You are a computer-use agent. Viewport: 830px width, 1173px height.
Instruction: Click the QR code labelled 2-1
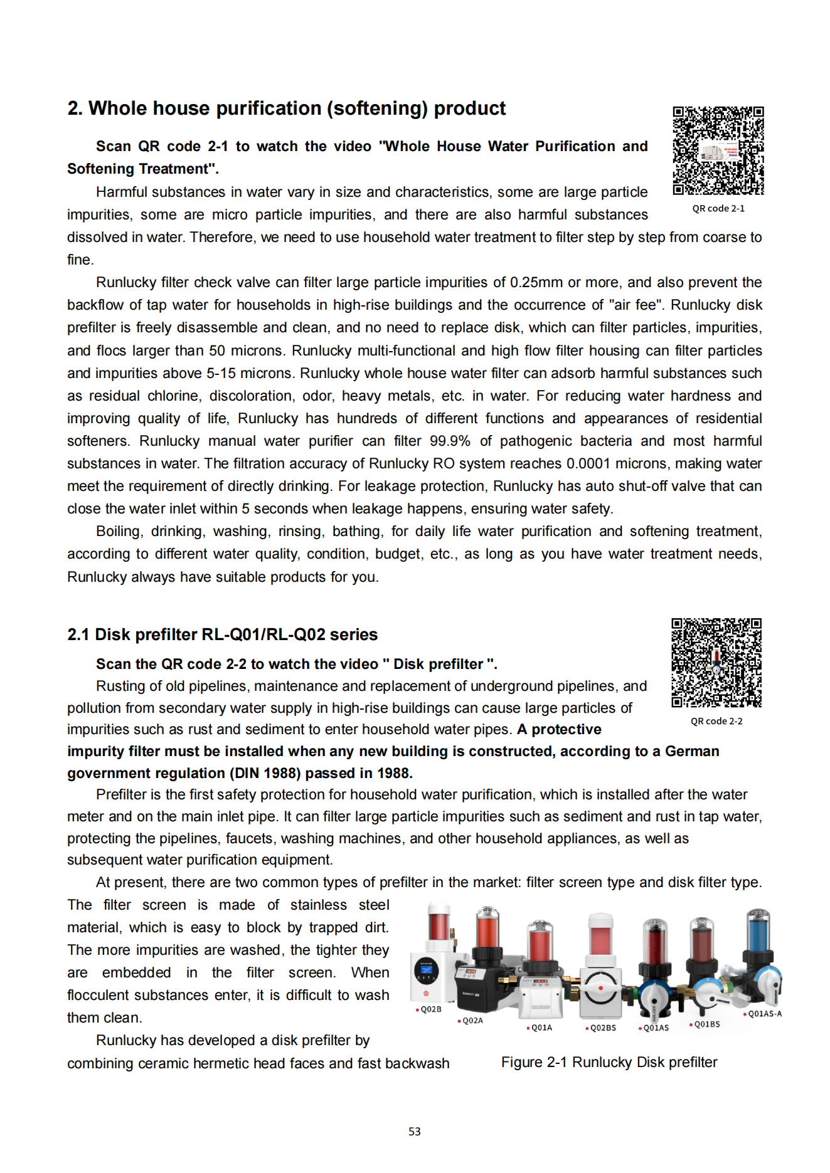(718, 150)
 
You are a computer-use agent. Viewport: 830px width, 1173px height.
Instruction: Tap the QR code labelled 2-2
(716, 663)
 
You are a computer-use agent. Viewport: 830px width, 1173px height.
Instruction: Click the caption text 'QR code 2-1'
(718, 208)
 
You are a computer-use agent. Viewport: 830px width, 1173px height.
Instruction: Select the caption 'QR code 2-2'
(716, 721)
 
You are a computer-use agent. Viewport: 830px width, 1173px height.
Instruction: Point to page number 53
(414, 1131)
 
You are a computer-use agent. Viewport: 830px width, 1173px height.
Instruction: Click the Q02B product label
(430, 1009)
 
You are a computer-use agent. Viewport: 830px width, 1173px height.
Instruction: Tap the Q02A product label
(472, 1021)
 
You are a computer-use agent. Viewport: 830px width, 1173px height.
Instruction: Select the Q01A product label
(541, 1028)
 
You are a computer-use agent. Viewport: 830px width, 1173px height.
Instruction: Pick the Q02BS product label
(602, 1028)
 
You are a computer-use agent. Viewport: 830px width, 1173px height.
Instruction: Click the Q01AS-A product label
(764, 1014)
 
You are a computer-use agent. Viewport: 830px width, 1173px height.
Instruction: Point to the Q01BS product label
(706, 1024)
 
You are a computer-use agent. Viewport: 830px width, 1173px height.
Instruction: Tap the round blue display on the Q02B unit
(427, 971)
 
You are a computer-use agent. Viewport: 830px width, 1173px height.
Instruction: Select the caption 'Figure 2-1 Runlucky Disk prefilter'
(609, 1062)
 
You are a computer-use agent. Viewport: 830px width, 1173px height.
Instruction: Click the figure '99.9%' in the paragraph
(450, 441)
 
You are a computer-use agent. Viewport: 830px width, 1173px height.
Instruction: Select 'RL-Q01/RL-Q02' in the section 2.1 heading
(263, 634)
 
